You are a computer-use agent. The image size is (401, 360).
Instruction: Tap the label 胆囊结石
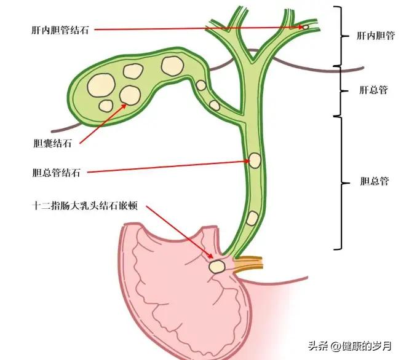[52, 144]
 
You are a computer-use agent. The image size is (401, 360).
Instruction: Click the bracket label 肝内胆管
[375, 36]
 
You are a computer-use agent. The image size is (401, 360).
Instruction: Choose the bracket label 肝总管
[373, 90]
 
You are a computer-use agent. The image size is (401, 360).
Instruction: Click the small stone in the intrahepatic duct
[304, 28]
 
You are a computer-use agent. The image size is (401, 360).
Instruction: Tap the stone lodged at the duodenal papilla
[216, 266]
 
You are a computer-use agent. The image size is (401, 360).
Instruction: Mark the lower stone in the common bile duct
[253, 217]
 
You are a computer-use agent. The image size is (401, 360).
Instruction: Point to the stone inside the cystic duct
[213, 105]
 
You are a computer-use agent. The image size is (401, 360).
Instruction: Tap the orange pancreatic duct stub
[248, 262]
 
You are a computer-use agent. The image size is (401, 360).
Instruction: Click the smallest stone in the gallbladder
[106, 105]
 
